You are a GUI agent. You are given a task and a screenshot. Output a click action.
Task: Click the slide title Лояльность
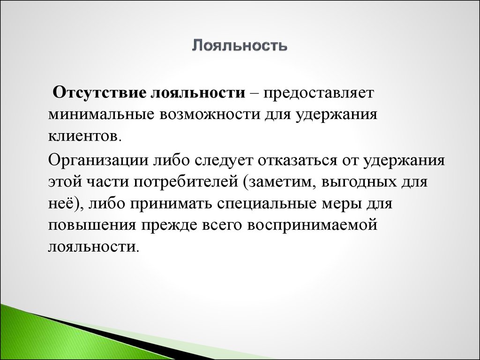(x=240, y=46)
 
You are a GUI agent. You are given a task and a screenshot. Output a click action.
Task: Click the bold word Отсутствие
(x=100, y=92)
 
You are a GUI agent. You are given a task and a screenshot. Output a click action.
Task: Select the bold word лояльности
(x=198, y=92)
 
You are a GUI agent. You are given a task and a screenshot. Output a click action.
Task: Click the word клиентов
(x=82, y=136)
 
